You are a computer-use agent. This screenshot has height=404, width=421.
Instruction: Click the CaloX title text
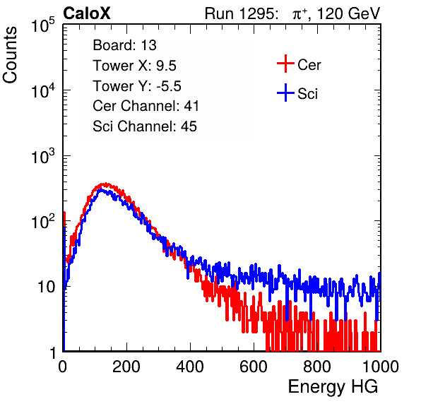(86, 13)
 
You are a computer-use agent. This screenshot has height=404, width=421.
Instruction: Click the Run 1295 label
(241, 13)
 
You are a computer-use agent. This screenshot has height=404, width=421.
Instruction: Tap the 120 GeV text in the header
(348, 13)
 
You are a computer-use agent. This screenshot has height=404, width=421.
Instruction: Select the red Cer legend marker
(285, 64)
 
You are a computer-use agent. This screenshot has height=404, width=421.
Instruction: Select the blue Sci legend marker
(285, 93)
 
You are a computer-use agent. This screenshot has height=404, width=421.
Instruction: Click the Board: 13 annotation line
(124, 45)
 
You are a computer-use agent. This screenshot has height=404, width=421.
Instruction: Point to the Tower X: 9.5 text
(134, 66)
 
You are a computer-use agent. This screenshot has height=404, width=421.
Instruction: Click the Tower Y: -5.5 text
(137, 86)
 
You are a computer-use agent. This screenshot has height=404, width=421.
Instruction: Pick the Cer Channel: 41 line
(146, 106)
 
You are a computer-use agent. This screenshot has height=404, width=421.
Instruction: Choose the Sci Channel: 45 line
(145, 126)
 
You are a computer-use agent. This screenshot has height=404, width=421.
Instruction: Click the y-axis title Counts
(10, 55)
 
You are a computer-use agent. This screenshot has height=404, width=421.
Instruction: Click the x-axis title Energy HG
(333, 386)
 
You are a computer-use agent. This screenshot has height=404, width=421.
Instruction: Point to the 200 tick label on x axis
(126, 367)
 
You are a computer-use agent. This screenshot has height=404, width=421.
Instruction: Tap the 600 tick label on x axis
(254, 367)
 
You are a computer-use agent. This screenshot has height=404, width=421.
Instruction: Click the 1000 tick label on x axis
(380, 367)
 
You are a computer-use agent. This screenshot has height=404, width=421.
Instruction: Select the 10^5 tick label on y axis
(43, 25)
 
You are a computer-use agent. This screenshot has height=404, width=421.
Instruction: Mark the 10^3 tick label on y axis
(43, 156)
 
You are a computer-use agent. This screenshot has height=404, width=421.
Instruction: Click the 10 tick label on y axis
(47, 287)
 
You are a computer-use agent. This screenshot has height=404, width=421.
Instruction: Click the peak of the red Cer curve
(106, 184)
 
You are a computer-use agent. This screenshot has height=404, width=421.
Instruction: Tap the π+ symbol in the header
(300, 13)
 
